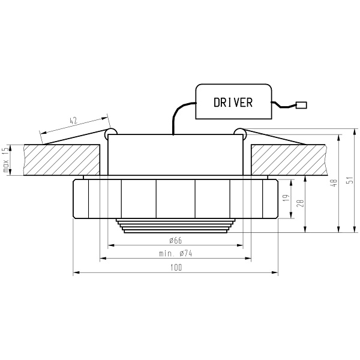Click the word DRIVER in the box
(233, 103)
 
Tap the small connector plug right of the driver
(301, 106)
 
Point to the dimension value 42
(73, 121)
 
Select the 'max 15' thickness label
(6, 160)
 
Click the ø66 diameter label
(176, 241)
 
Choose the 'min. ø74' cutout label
(176, 253)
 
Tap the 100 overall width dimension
(176, 268)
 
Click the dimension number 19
(286, 199)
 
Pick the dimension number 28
(300, 203)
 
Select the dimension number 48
(335, 182)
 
